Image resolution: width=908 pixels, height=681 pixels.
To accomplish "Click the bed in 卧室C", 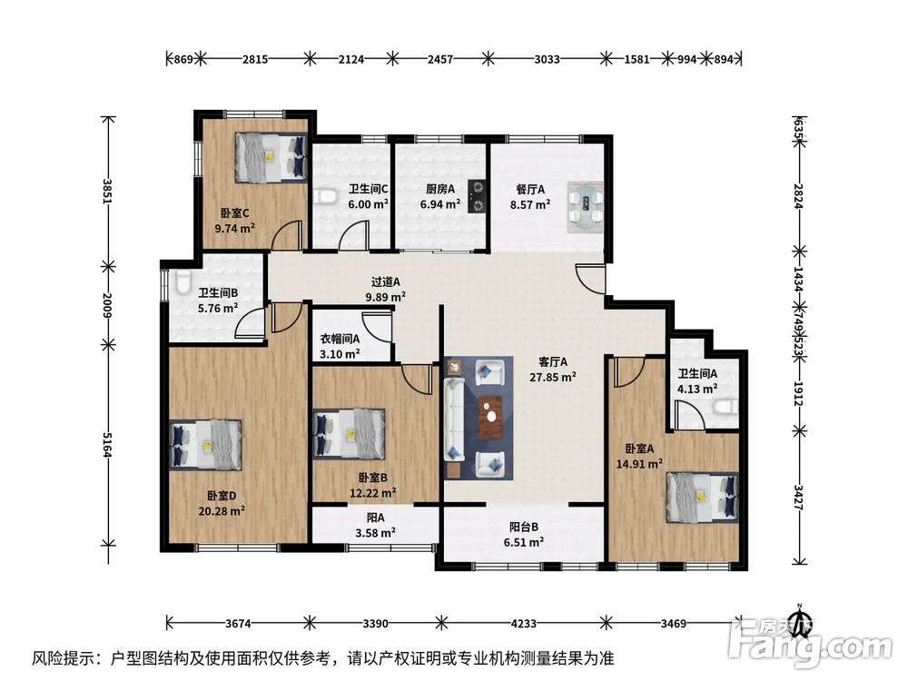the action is coord(271,157).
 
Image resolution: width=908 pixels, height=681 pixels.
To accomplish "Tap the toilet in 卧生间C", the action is coord(326,197).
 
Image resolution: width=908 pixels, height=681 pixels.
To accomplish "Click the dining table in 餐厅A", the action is coord(585,207).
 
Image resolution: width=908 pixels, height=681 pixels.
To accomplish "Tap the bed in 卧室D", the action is coord(205,444).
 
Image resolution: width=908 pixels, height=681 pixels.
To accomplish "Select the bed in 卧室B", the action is coord(350,434).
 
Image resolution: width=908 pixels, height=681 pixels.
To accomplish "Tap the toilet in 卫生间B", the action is coord(181,282).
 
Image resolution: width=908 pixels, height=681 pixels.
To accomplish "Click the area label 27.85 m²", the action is coord(553,378).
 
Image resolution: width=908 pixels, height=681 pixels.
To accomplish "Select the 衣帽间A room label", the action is coord(340,339).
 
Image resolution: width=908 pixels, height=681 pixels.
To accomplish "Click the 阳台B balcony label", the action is coord(524,527).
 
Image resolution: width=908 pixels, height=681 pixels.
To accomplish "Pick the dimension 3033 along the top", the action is coord(547,59).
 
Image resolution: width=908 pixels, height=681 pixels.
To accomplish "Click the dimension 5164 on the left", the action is coord(106,444).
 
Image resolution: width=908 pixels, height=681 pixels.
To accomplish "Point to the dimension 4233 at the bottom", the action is coord(524,624).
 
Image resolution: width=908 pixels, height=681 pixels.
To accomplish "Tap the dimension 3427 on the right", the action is coord(798,497).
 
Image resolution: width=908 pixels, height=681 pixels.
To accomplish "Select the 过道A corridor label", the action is coord(386,282).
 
